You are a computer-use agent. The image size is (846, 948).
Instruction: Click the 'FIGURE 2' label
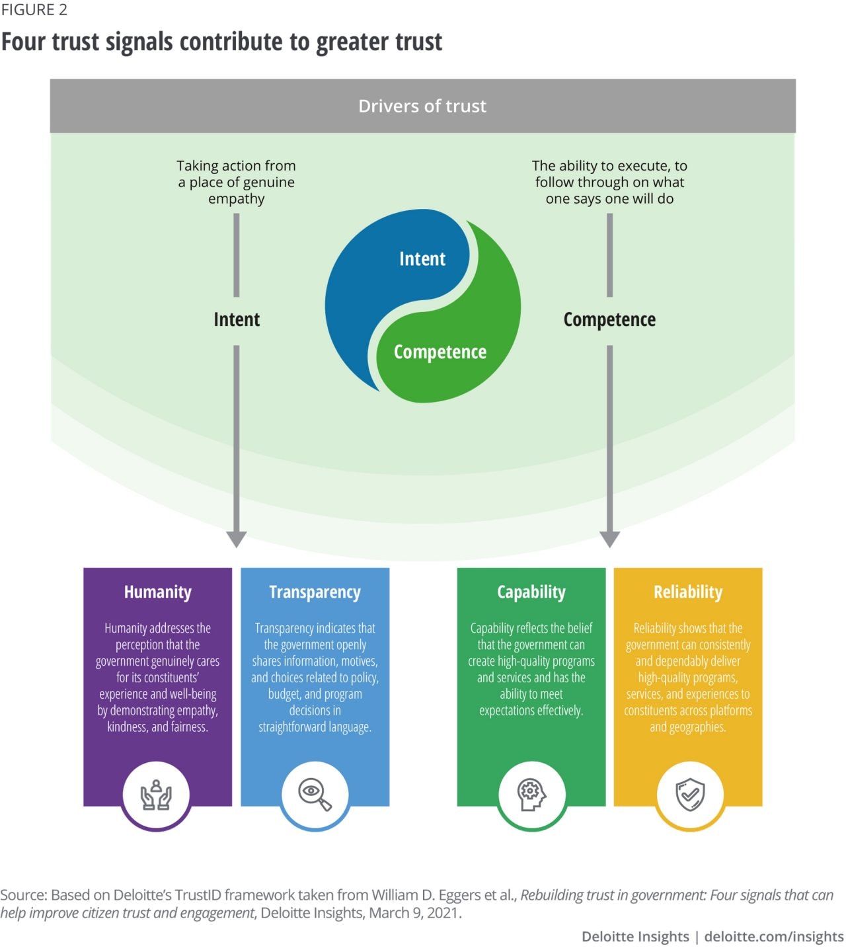(34, 10)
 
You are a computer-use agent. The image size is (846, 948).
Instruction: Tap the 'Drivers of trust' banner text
(422, 106)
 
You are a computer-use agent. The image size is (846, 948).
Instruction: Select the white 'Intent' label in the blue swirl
(422, 258)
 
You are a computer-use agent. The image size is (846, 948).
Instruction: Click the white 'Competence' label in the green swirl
(440, 352)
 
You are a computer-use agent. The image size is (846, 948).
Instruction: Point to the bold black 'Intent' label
(237, 319)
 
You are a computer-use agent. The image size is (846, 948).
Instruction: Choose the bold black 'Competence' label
(609, 319)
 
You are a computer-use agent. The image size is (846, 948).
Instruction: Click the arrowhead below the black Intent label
(237, 539)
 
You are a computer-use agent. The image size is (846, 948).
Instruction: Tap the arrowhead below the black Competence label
(609, 539)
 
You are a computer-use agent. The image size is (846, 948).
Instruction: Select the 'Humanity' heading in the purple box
(158, 592)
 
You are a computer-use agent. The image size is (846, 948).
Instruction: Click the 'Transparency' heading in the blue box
(315, 592)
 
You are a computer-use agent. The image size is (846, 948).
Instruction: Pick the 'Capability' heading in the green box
(531, 592)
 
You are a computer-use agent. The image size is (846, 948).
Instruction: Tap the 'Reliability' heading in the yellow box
(688, 592)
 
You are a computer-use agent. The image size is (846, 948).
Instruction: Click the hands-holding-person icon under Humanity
(156, 795)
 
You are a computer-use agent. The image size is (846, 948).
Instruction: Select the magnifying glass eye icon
(315, 794)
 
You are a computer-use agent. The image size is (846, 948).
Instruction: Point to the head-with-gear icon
(531, 795)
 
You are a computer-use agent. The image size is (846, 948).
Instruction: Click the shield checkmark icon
(690, 794)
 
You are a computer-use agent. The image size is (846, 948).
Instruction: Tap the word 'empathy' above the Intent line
(237, 199)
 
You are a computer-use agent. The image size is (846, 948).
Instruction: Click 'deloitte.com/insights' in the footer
(774, 936)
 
